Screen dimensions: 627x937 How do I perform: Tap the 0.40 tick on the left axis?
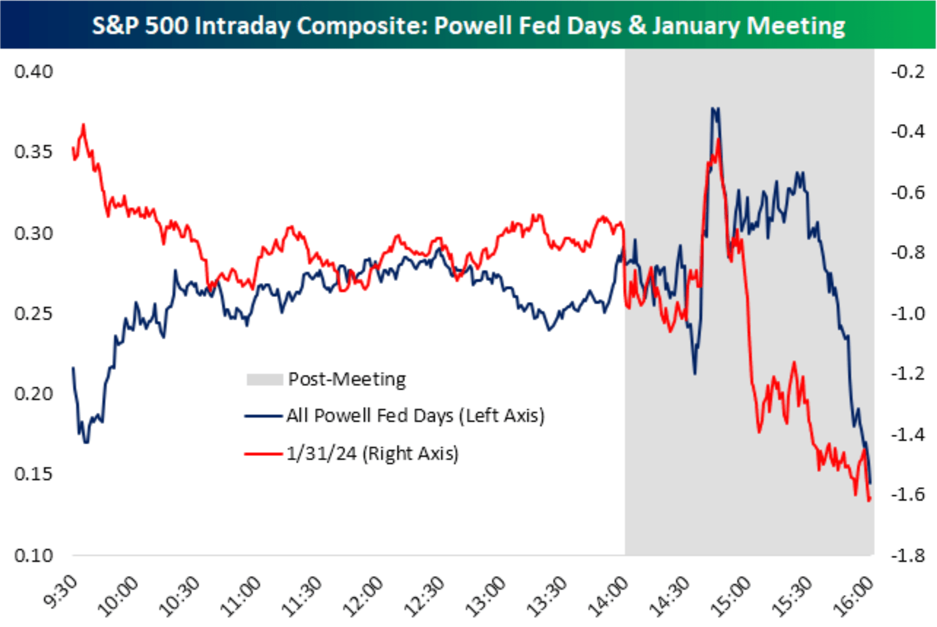(33, 71)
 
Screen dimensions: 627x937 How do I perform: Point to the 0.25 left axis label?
(33, 313)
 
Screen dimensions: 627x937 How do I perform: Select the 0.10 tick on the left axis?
(33, 555)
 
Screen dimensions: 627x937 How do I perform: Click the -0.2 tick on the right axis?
(908, 71)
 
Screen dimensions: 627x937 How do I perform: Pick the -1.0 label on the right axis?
(908, 313)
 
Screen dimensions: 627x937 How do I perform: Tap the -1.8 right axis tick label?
(908, 555)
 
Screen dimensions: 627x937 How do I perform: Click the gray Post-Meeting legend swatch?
(264, 380)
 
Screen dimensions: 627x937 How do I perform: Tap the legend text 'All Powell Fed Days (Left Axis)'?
(415, 416)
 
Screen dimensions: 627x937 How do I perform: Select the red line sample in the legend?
(263, 454)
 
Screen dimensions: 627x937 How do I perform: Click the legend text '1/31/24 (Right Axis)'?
(372, 453)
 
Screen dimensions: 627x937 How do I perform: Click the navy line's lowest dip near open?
(86, 442)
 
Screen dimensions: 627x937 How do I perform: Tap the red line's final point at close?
(869, 500)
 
